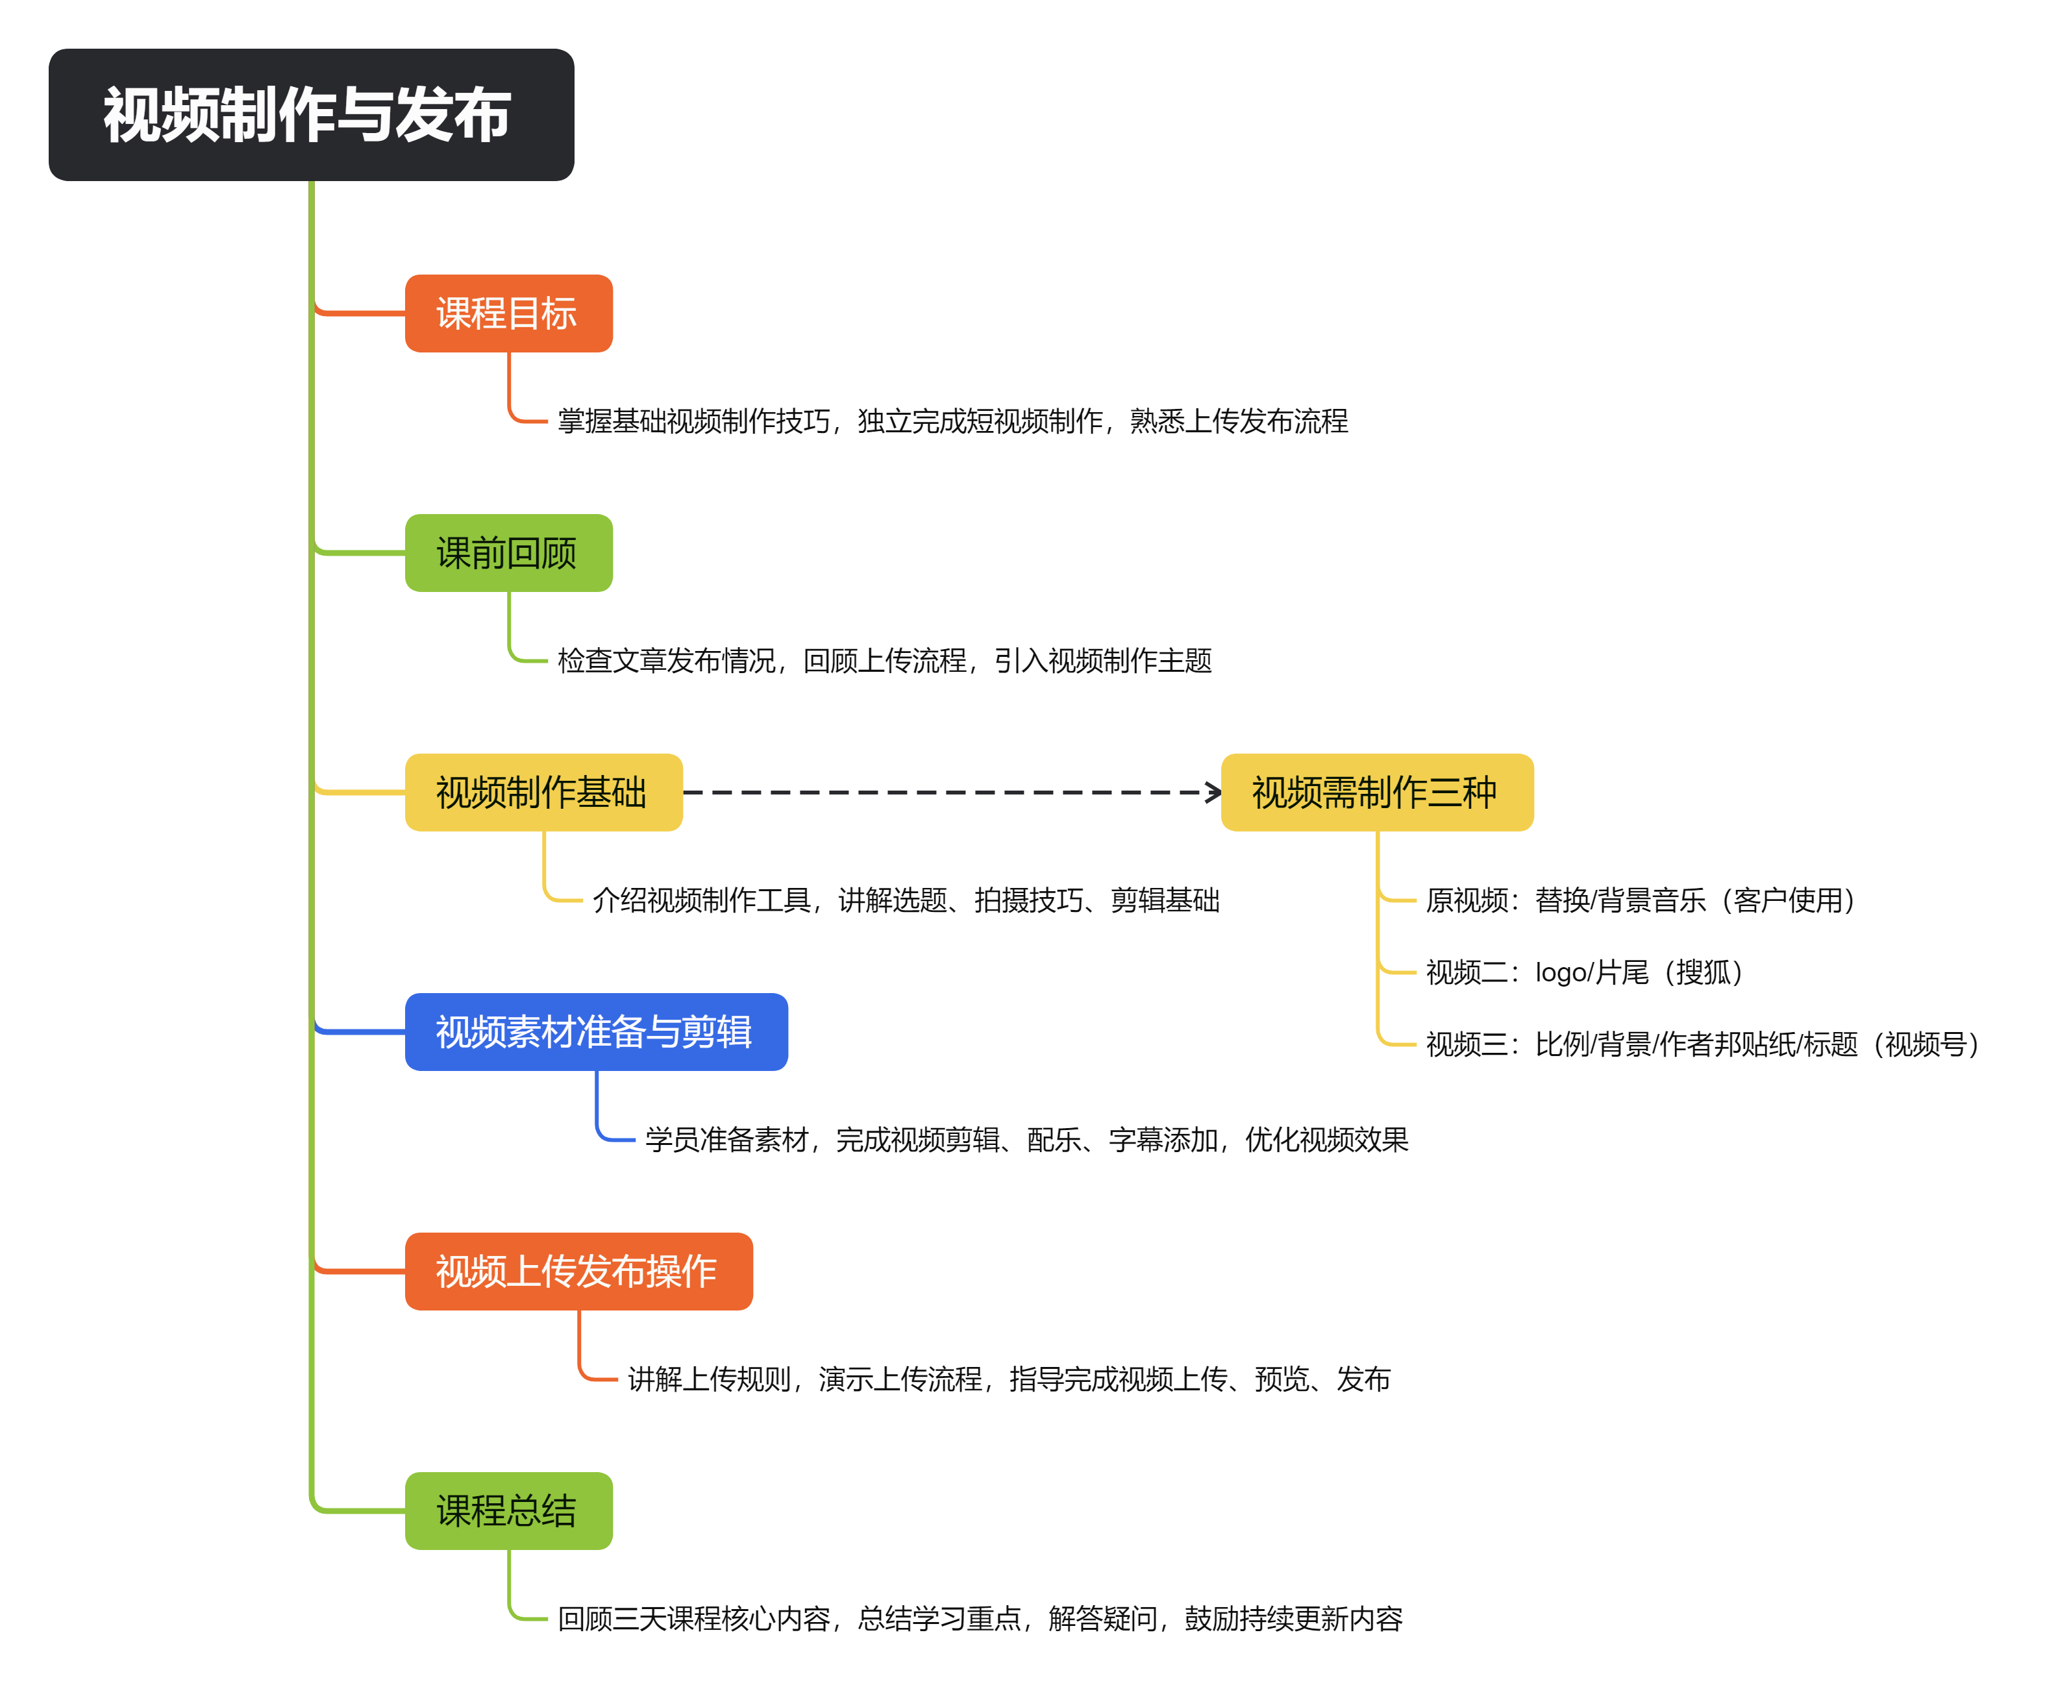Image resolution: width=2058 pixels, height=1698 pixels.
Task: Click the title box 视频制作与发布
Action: pyautogui.click(x=311, y=114)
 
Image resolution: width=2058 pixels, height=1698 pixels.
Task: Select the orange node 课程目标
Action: pyautogui.click(x=508, y=313)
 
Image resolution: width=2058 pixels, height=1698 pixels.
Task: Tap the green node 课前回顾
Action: pyautogui.click(x=508, y=552)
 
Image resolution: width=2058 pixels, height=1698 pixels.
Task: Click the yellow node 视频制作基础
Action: pyautogui.click(x=543, y=793)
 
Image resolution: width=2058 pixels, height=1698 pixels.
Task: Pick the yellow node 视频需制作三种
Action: pyautogui.click(x=1376, y=793)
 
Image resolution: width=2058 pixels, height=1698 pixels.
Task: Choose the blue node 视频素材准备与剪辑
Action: pyautogui.click(x=596, y=1032)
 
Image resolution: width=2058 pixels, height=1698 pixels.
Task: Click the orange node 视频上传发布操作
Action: pyautogui.click(x=578, y=1272)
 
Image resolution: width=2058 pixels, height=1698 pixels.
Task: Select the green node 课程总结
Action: pyautogui.click(x=508, y=1511)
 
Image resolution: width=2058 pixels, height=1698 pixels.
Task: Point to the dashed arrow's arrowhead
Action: pyautogui.click(x=1214, y=793)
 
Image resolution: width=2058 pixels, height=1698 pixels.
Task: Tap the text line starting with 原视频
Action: pyautogui.click(x=1641, y=900)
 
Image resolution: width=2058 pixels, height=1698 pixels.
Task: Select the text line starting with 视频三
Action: pyautogui.click(x=1703, y=1044)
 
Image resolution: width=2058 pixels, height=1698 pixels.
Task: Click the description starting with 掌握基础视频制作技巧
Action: pyautogui.click(x=952, y=421)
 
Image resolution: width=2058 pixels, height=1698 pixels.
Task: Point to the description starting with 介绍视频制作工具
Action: pyautogui.click(x=906, y=900)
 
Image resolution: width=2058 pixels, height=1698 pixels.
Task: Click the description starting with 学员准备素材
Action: pyautogui.click(x=1026, y=1140)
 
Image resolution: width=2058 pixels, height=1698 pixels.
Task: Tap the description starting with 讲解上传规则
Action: pyautogui.click(x=1008, y=1379)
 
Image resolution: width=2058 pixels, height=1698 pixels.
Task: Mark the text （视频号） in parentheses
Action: pyautogui.click(x=1926, y=1044)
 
